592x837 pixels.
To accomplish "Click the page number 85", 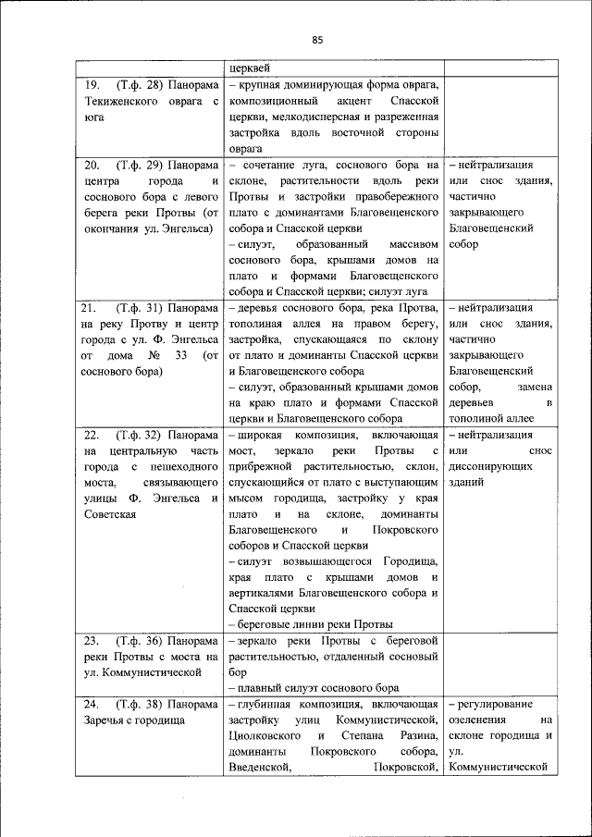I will click(x=316, y=39).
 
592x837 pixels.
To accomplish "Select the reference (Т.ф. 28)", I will click(x=142, y=84).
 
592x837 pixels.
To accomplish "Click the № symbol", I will click(x=156, y=355).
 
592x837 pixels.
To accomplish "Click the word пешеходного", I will click(x=186, y=467).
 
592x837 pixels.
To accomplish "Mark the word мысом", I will click(x=247, y=498).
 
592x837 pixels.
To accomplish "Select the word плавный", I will click(x=260, y=688).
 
